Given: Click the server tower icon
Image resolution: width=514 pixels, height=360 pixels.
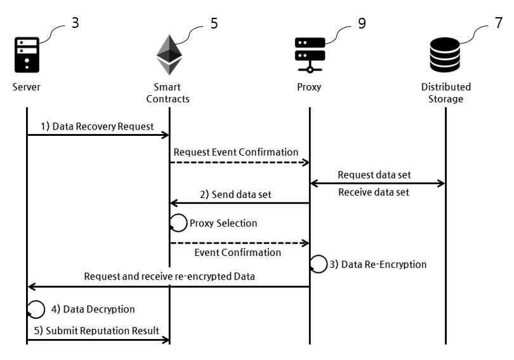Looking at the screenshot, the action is click(x=27, y=55).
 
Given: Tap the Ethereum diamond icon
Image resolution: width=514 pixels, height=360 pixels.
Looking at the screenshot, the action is click(x=169, y=55).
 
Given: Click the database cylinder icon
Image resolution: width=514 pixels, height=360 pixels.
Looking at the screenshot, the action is click(x=445, y=55).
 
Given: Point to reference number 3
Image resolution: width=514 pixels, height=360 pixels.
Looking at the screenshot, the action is click(x=75, y=23).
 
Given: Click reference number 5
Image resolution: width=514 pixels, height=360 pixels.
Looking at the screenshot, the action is click(x=214, y=23).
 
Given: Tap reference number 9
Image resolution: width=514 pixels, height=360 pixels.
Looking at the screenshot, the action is click(x=362, y=23).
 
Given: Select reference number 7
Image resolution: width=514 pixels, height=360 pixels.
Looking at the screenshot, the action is click(x=499, y=23).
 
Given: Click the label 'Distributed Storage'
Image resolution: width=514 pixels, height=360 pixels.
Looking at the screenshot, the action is click(x=446, y=93).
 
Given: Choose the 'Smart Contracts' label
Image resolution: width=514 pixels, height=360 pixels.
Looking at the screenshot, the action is click(x=168, y=93).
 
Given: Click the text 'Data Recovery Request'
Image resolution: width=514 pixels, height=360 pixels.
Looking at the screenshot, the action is click(x=103, y=126).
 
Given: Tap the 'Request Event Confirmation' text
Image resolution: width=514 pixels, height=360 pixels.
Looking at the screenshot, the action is click(x=236, y=152).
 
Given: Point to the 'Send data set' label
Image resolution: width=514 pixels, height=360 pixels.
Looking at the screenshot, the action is click(x=242, y=194).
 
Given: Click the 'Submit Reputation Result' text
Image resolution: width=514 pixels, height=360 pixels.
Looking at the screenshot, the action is click(x=102, y=331).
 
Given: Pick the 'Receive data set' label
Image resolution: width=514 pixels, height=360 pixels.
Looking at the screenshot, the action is click(x=374, y=192).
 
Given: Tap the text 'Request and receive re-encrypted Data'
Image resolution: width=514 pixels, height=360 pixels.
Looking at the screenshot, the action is click(x=169, y=276).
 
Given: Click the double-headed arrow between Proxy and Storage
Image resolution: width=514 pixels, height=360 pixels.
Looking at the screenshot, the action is click(x=378, y=183).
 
